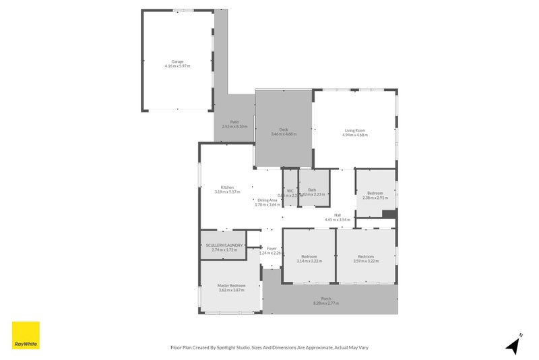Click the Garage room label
click(x=177, y=61)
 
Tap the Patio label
click(x=234, y=122)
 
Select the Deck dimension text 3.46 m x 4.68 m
click(x=284, y=134)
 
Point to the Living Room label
click(x=354, y=130)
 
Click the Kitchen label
click(x=227, y=187)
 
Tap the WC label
click(x=290, y=191)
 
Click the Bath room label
click(x=312, y=190)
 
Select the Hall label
click(x=337, y=215)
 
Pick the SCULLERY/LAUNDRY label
click(x=224, y=245)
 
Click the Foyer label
click(x=272, y=249)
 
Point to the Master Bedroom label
click(x=231, y=285)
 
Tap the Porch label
click(x=326, y=299)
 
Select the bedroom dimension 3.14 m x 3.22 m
click(x=309, y=261)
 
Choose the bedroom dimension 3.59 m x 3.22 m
click(x=366, y=261)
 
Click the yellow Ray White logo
click(x=26, y=335)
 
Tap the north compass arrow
click(x=513, y=345)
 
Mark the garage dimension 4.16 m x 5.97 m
click(x=177, y=66)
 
